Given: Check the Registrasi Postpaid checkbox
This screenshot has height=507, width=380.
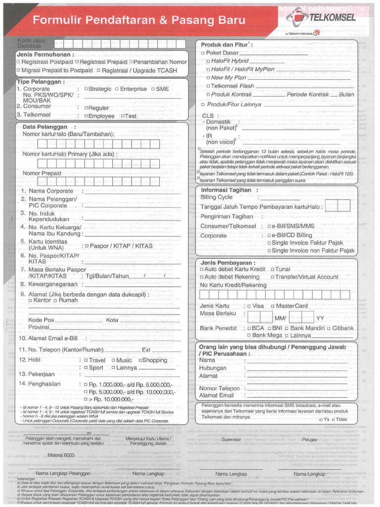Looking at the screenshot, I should (19, 62).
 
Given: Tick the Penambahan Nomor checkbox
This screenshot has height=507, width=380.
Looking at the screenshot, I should (131, 62).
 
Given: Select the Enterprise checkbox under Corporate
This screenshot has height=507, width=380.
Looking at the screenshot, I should (117, 89).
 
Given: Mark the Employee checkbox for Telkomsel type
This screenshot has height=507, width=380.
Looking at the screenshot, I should (86, 116).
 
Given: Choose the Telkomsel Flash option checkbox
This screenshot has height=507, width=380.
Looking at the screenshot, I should (208, 86).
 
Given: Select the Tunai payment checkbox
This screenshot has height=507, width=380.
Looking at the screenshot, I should (272, 269).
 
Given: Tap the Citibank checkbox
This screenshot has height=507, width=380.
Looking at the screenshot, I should (329, 328).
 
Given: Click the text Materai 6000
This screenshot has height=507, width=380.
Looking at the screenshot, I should (61, 455).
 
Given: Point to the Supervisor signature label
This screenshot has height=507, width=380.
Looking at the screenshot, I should (231, 439).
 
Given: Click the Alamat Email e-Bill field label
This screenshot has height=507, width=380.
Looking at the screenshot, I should (48, 338).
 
